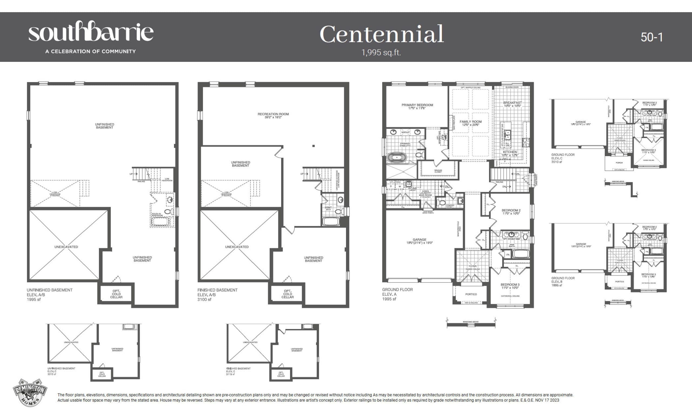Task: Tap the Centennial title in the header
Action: click(381, 34)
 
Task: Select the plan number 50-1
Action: click(651, 37)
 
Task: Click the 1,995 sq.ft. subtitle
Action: click(381, 52)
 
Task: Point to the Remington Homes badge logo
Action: click(30, 392)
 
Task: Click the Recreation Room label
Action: click(273, 116)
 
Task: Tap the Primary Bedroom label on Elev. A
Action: click(417, 106)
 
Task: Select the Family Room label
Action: click(470, 123)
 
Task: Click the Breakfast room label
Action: click(512, 104)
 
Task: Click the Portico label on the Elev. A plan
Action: click(471, 294)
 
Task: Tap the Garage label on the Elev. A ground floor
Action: click(419, 241)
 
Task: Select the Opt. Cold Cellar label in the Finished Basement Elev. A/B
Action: click(287, 294)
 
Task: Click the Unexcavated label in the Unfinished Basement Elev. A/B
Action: click(66, 247)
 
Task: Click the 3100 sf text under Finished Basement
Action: click(204, 299)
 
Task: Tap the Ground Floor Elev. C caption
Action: click(563, 158)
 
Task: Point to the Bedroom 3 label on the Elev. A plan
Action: click(510, 286)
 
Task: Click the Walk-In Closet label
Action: click(438, 171)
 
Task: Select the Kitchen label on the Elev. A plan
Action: click(510, 153)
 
